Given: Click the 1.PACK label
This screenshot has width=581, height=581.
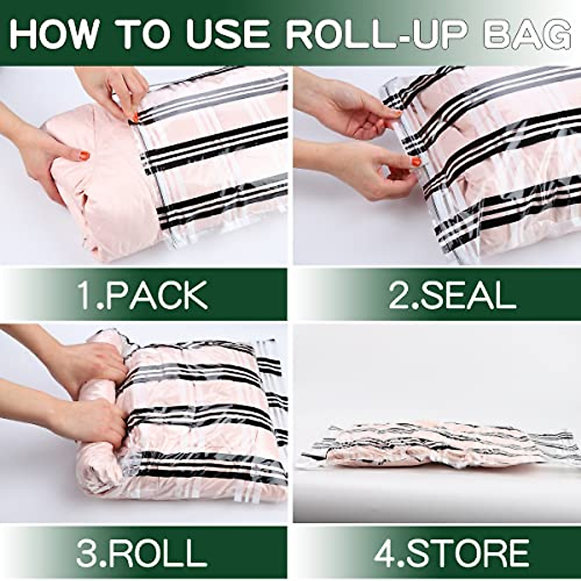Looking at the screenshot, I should point(143,295).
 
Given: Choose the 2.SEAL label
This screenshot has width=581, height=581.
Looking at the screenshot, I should point(452,295).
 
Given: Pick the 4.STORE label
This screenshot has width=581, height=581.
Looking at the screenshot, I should point(452,552).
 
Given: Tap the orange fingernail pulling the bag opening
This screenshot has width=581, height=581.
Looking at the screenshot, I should point(134,118).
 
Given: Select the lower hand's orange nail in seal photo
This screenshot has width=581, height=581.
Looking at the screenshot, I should point(416,161).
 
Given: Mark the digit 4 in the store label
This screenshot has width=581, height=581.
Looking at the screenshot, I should point(385,552).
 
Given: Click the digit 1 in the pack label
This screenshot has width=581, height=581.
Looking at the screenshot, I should point(86,295).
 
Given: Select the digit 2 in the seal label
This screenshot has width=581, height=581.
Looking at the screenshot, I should point(398,295).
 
